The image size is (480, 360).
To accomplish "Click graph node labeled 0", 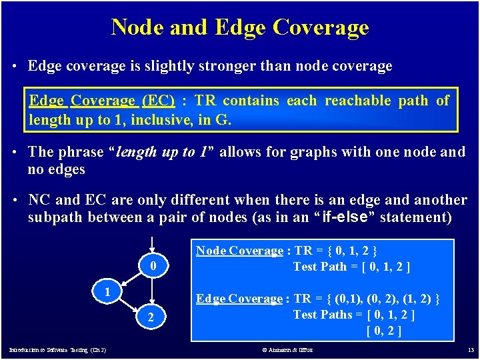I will tap(153, 267).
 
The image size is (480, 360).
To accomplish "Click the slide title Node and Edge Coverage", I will tap(240, 27).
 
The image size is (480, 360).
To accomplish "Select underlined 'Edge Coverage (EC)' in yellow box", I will tap(102, 101).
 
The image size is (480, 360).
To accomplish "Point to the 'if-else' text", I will tap(347, 217).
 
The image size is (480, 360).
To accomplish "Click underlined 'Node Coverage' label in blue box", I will tap(239, 251).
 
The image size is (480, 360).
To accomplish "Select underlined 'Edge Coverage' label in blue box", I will tap(239, 299).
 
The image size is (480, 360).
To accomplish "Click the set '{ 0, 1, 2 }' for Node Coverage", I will tap(353, 251).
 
